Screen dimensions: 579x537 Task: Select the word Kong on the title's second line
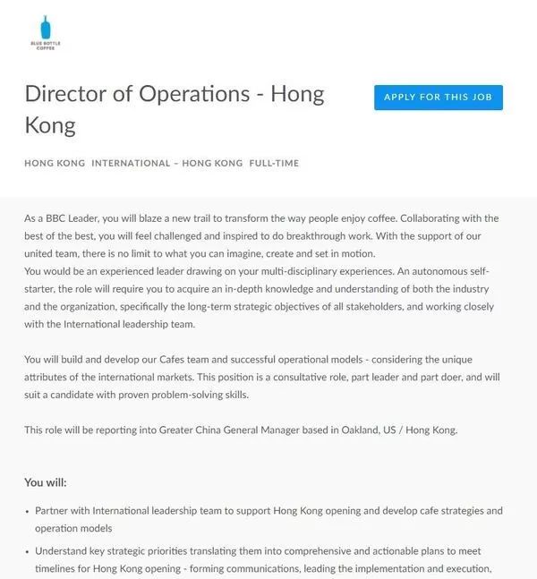coord(50,124)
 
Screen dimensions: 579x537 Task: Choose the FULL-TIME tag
coord(274,163)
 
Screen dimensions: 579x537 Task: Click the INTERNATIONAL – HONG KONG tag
coord(166,163)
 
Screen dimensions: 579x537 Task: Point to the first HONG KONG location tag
coord(55,163)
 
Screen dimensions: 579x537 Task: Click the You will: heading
coord(45,482)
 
